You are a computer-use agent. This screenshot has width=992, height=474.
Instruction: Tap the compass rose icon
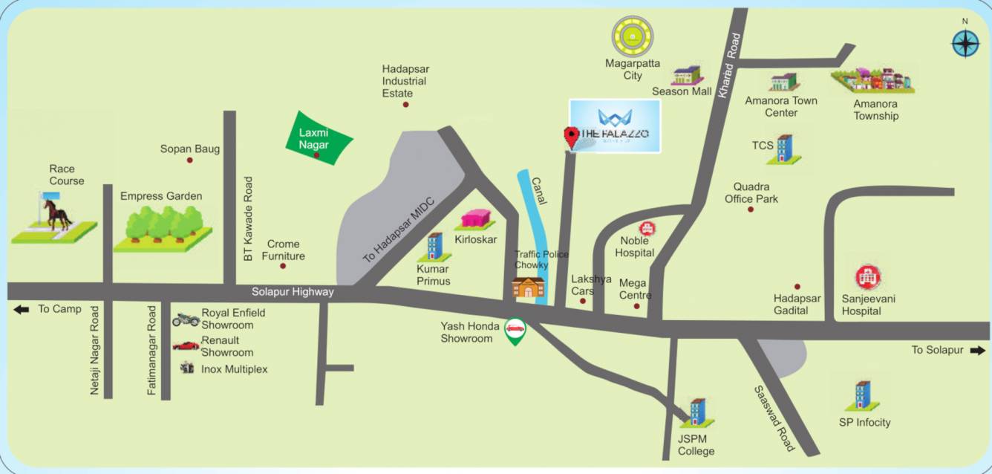[965, 43]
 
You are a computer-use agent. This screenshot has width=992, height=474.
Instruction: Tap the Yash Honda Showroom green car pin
[514, 331]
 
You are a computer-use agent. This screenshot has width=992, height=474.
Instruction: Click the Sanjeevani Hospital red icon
[866, 278]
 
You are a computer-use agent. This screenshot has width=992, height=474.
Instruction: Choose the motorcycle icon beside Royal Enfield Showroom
[186, 319]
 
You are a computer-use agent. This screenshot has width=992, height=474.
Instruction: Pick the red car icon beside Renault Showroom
[186, 345]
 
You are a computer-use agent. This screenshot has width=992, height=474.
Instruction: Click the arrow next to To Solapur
[976, 350]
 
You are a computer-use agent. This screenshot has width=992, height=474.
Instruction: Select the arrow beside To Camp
[21, 309]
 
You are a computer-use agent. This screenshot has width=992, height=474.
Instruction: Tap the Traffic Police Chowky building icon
[528, 287]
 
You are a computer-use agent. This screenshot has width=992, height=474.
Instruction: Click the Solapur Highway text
[292, 292]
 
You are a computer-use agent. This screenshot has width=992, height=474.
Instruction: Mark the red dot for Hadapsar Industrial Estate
[405, 105]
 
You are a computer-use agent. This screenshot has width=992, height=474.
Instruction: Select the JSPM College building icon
[696, 412]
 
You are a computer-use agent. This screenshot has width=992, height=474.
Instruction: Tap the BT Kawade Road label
[248, 218]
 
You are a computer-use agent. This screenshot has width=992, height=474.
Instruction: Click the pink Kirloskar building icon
[477, 219]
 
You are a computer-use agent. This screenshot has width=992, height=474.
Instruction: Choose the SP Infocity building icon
[862, 396]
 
